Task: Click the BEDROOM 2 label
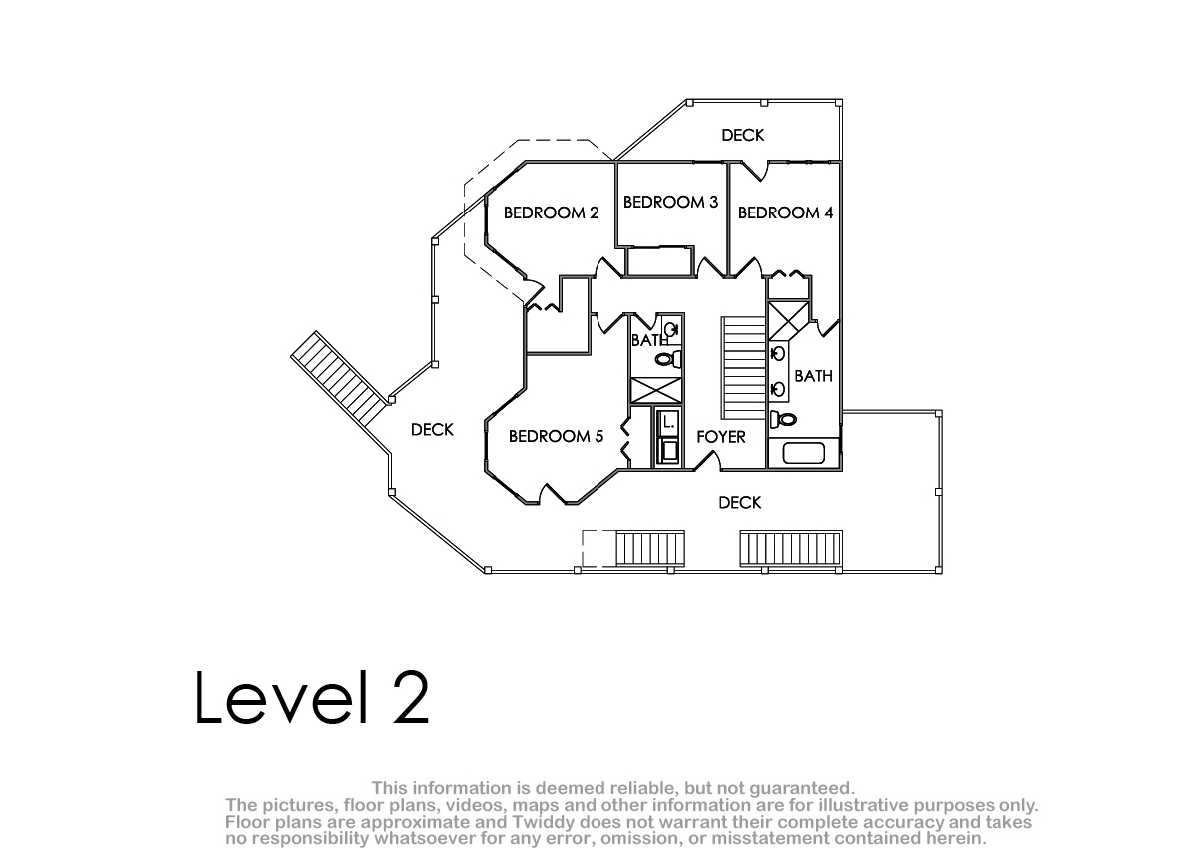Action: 551,213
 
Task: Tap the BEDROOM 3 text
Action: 670,202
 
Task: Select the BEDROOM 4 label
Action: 786,213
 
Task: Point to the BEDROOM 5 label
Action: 556,437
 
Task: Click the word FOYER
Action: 721,437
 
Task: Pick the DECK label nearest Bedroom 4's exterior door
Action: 743,136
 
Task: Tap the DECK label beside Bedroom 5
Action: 432,430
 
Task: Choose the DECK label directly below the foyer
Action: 739,502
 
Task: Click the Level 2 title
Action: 311,698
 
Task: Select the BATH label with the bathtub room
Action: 813,376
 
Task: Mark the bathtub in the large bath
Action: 804,453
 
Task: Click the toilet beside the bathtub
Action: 783,419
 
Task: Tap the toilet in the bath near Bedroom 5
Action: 668,359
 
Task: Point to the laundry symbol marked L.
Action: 668,423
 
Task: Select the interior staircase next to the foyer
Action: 744,368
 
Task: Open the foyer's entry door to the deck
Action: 707,461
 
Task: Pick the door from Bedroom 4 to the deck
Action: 754,171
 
